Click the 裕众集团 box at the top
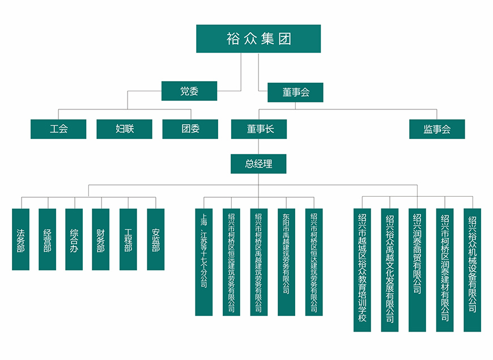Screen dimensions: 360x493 click(x=258, y=39)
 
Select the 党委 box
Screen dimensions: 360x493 click(x=189, y=91)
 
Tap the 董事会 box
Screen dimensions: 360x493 click(x=295, y=92)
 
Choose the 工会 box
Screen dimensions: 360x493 click(x=58, y=129)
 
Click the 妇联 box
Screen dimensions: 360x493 click(x=125, y=129)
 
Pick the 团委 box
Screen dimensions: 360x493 click(x=190, y=129)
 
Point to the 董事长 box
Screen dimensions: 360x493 click(x=259, y=129)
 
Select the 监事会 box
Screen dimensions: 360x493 click(x=437, y=129)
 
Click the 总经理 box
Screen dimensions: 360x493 click(x=258, y=164)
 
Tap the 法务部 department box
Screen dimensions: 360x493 click(x=21, y=239)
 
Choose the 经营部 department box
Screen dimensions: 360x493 click(x=48, y=239)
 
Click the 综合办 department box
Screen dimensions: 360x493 click(x=74, y=239)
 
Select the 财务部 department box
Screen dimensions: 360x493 click(x=101, y=239)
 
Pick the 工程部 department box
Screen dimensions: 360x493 click(x=128, y=239)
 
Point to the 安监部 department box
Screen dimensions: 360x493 click(x=155, y=239)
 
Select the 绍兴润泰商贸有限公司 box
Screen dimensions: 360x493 click(x=417, y=270)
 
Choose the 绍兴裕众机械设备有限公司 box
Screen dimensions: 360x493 click(x=472, y=270)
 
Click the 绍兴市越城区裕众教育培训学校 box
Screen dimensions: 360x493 click(x=362, y=270)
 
